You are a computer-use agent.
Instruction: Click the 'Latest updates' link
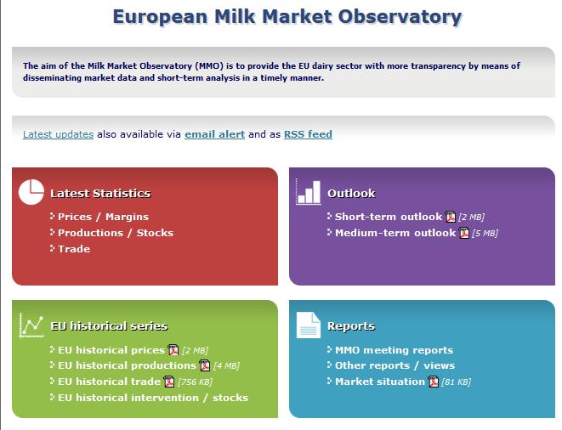(58, 134)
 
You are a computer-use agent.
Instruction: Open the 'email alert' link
(215, 134)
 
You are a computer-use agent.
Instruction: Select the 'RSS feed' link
(308, 134)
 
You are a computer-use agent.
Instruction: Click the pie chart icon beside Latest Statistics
(31, 192)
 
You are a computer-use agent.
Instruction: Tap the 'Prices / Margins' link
(103, 217)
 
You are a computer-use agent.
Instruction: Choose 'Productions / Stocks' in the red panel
(116, 233)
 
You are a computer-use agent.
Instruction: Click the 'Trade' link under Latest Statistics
(74, 249)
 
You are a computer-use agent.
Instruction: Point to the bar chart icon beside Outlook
(309, 192)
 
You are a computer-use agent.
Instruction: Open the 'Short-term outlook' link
(389, 217)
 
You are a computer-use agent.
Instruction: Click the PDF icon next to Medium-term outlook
(464, 233)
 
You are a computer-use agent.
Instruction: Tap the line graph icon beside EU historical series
(31, 325)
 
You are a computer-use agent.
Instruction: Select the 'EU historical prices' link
(111, 350)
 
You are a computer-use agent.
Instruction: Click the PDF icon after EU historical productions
(205, 365)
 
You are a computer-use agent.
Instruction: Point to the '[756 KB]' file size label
(195, 382)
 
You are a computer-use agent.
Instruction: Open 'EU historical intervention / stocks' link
(153, 398)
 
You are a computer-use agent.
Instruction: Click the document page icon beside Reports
(309, 325)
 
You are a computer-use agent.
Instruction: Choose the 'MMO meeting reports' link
(394, 350)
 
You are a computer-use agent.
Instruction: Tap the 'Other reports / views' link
(395, 365)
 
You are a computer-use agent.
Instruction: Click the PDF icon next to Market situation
(434, 382)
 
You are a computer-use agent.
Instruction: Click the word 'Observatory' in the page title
(400, 17)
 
